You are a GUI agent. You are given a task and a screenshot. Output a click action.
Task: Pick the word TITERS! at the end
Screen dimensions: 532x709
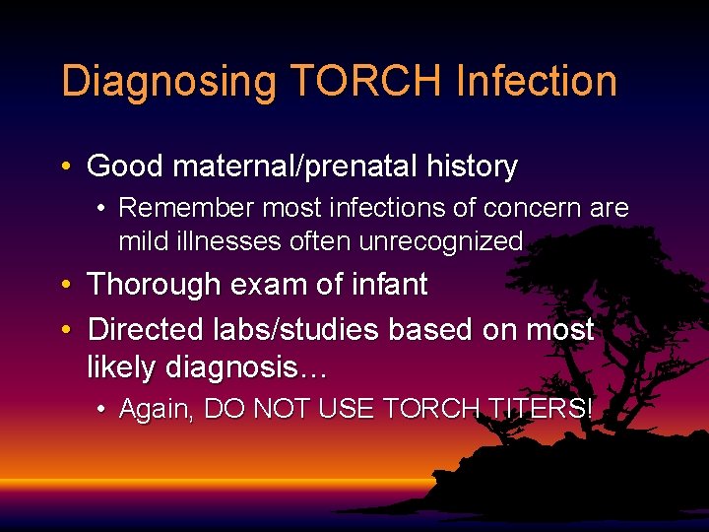(x=539, y=409)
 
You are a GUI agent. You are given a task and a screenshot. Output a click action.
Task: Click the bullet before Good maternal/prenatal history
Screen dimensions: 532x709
(x=64, y=166)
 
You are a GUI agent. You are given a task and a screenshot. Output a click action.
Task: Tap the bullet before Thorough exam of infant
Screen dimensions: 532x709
(x=64, y=286)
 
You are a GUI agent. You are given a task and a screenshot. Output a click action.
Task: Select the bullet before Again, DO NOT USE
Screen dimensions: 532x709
(x=102, y=409)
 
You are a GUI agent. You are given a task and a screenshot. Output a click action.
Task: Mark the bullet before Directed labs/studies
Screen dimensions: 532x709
(x=64, y=330)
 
